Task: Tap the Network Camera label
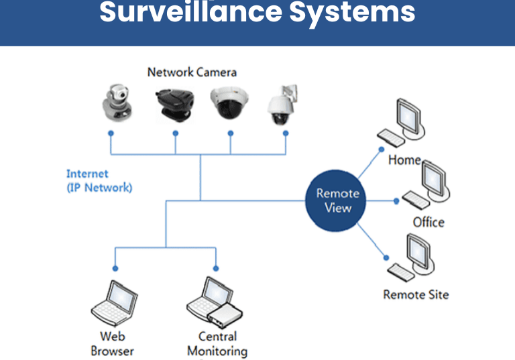pyautogui.click(x=192, y=72)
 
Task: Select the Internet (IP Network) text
pyautogui.click(x=99, y=181)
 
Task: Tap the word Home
pyautogui.click(x=404, y=160)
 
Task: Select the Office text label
pyautogui.click(x=428, y=222)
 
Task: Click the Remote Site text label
pyautogui.click(x=416, y=294)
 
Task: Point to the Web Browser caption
pyautogui.click(x=113, y=343)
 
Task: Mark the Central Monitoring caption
pyautogui.click(x=217, y=343)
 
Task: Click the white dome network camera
pyautogui.click(x=230, y=104)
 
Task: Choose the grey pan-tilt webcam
pyautogui.click(x=117, y=104)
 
